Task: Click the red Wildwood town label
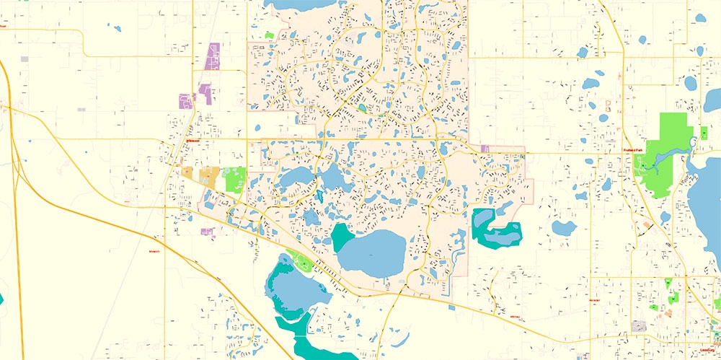click(x=192, y=141)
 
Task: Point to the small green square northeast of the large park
click(x=703, y=133)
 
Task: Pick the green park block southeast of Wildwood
click(x=236, y=179)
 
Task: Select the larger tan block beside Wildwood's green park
click(x=208, y=177)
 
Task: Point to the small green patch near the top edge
click(x=270, y=34)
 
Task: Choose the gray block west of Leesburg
click(x=639, y=326)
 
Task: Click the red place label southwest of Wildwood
click(x=153, y=251)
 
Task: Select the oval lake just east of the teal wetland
click(x=563, y=229)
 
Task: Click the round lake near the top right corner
click(x=690, y=82)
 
